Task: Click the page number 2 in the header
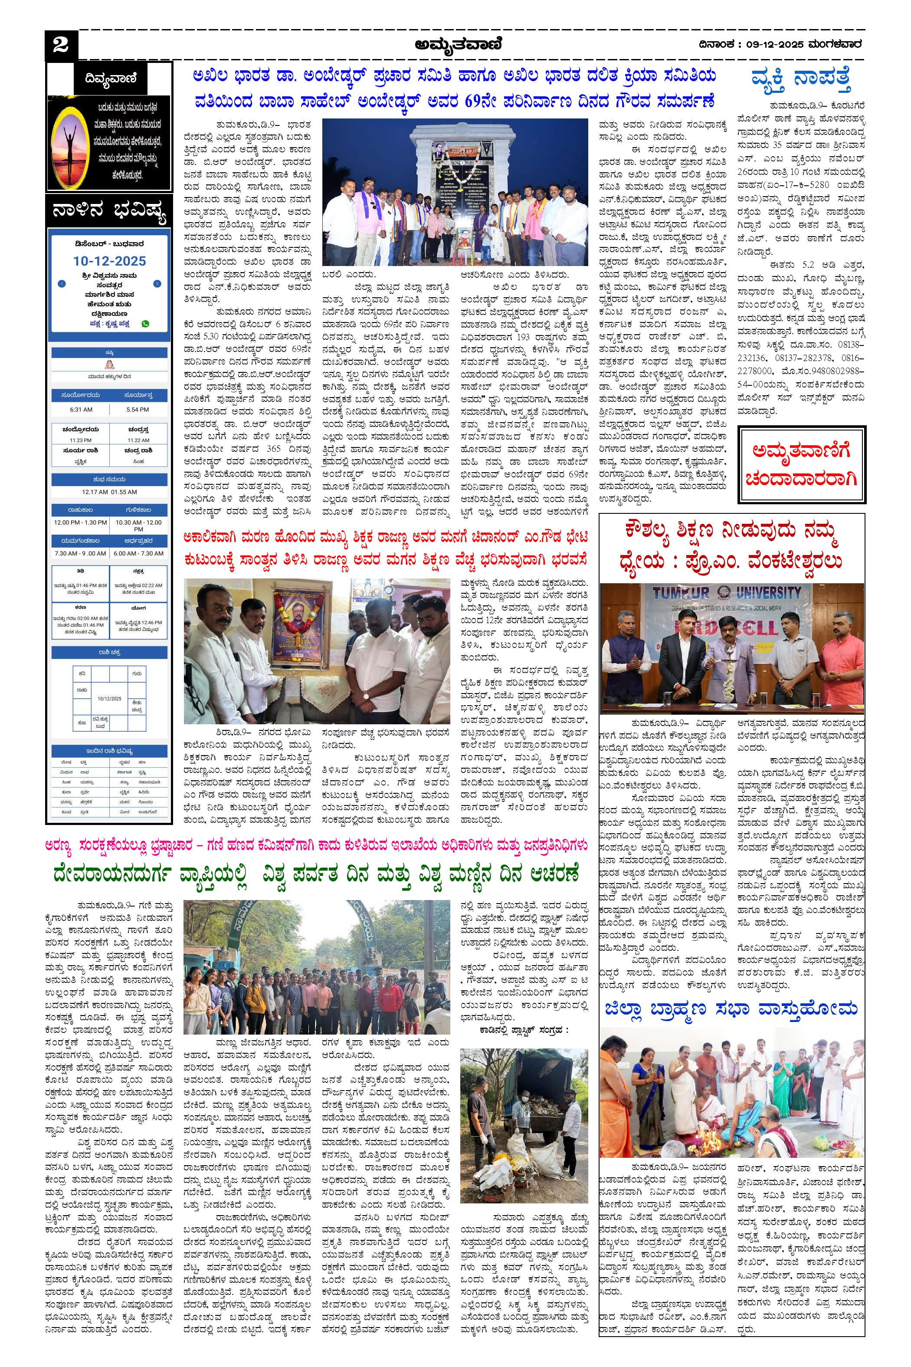pos(60,45)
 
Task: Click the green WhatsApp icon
pos(145,324)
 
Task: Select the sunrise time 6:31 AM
pos(81,409)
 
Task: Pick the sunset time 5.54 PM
pos(138,409)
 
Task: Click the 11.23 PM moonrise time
pos(81,440)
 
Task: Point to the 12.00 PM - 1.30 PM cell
pos(80,522)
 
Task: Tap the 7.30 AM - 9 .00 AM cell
pos(80,553)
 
